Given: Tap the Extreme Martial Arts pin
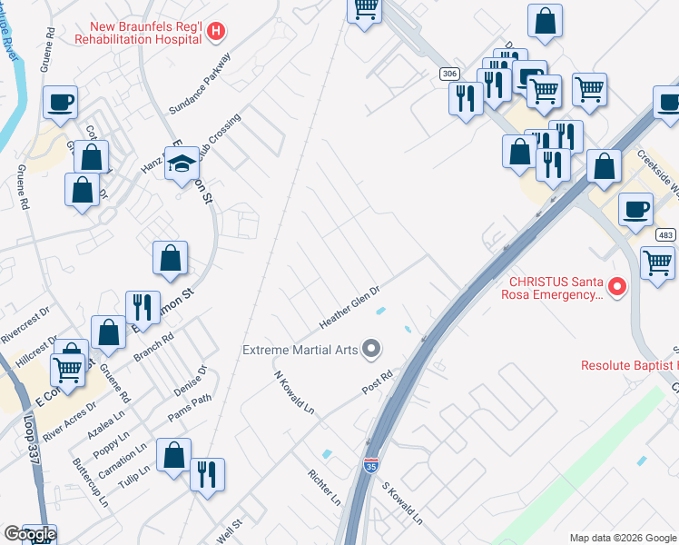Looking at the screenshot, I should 370,349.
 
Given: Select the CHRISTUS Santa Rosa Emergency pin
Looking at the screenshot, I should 617,288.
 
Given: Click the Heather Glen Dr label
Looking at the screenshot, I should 349,308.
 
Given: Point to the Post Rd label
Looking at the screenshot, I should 377,380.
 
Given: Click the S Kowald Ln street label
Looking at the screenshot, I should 401,504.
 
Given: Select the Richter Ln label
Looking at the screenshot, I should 324,488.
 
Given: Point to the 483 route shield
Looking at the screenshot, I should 665,235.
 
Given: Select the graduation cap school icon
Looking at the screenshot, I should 182,164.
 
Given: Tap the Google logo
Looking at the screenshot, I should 29,534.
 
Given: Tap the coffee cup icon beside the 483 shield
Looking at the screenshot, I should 635,210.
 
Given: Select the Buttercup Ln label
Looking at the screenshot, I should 90,482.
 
